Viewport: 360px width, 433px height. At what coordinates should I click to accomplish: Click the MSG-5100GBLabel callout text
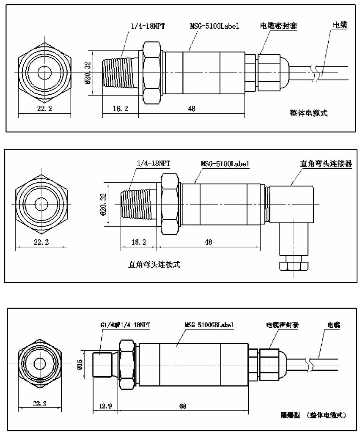pyautogui.click(x=209, y=325)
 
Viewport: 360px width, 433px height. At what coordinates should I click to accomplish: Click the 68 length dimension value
pyautogui.click(x=183, y=406)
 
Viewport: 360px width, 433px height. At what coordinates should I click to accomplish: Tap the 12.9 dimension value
pyautogui.click(x=105, y=406)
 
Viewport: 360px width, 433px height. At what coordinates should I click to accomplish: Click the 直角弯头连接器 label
pyautogui.click(x=326, y=164)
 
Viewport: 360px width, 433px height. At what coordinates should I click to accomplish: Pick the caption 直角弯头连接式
pyautogui.click(x=154, y=264)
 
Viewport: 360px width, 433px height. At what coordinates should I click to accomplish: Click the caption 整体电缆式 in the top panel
pyautogui.click(x=308, y=113)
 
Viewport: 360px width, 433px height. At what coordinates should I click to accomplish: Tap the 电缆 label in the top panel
pyautogui.click(x=340, y=25)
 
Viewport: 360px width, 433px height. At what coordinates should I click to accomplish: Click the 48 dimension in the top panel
pyautogui.click(x=192, y=109)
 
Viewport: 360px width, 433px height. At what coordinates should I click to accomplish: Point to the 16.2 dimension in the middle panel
pyautogui.click(x=139, y=242)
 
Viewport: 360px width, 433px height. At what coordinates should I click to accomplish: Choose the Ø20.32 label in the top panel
pyautogui.click(x=88, y=73)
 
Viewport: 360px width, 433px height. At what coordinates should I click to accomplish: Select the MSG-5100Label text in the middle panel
pyautogui.click(x=225, y=164)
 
